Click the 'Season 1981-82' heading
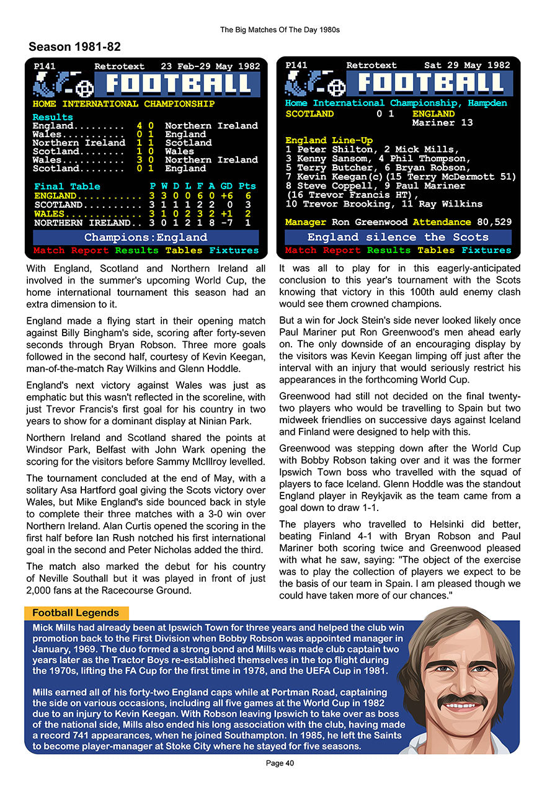coord(74,47)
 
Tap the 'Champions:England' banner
coord(146,238)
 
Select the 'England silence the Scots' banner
coord(398,237)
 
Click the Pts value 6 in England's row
coord(248,196)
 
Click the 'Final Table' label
coord(66,186)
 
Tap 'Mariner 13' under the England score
coord(442,123)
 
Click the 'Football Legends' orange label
coord(76,613)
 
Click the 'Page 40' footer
coord(280,763)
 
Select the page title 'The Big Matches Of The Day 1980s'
coord(280,29)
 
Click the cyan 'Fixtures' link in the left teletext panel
coord(234,251)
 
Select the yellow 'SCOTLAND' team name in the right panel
coord(309,114)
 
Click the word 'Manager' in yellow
coord(306,222)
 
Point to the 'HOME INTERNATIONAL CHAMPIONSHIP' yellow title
coord(123,104)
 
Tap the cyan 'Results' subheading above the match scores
coord(53,117)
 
